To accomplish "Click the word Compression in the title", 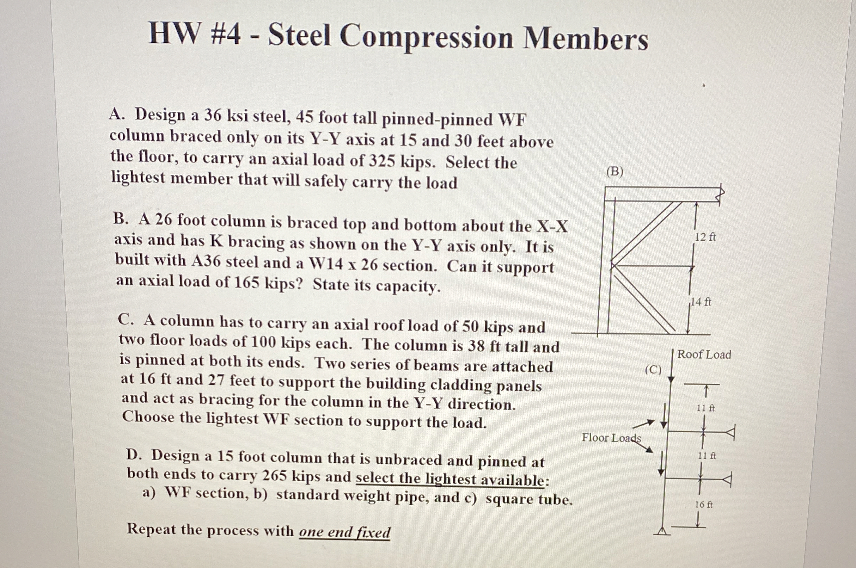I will tap(426, 38).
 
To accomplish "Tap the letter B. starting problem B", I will tap(121, 219).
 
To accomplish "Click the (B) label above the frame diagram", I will tap(615, 171).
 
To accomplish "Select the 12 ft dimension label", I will tap(705, 237).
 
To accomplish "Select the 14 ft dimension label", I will tap(701, 302).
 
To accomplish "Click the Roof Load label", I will tap(704, 354).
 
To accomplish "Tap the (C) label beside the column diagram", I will tap(653, 370).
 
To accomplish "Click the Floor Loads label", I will tap(611, 438).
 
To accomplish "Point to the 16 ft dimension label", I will tap(703, 504).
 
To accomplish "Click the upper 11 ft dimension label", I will tap(705, 408).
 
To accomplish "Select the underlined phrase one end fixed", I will tap(344, 532).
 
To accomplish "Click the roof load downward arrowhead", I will tap(671, 379).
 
